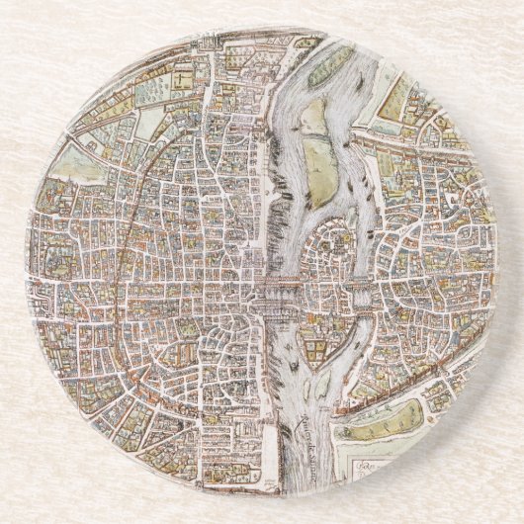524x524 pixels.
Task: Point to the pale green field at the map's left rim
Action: pyautogui.click(x=74, y=163)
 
